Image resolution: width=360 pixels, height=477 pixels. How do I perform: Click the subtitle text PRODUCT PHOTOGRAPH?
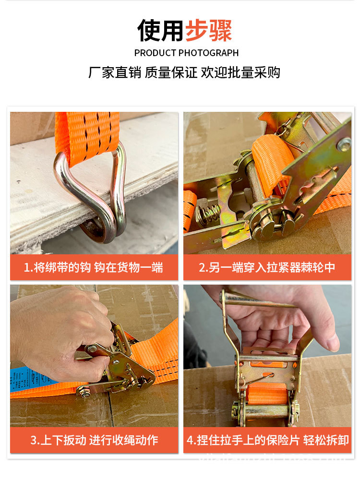point(186,53)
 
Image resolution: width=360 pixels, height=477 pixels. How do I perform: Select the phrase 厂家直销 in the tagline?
point(114,72)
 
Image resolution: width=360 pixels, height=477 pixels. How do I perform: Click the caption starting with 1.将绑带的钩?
point(94,267)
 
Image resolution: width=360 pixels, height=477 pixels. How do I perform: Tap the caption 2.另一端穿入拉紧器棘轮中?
point(267,267)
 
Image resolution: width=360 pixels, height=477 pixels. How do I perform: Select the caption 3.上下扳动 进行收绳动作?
point(94,440)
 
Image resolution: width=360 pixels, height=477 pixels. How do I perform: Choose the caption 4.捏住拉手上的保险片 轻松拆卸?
point(267,440)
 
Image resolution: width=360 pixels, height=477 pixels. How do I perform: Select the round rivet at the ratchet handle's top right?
point(343,143)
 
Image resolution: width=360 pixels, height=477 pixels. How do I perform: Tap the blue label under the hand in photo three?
point(29,377)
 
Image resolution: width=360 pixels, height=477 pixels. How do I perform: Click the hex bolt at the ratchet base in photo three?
point(85,392)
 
